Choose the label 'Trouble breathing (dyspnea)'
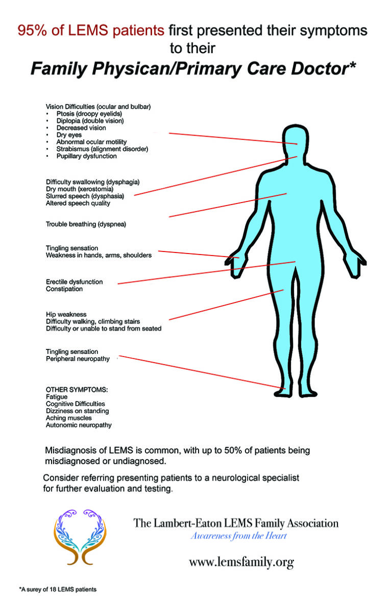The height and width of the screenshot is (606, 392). click(x=86, y=224)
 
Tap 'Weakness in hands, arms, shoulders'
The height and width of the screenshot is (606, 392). click(x=99, y=255)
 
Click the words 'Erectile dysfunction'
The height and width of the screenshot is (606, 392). click(x=74, y=282)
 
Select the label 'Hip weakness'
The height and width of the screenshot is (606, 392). click(x=66, y=314)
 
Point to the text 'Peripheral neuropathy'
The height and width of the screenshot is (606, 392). click(x=78, y=359)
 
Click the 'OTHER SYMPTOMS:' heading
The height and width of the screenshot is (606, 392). click(x=77, y=389)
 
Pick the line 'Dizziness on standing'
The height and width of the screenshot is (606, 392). click(x=77, y=411)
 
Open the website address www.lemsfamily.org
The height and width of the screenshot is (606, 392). click(x=241, y=562)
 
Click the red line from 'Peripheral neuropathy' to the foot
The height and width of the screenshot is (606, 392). click(x=199, y=371)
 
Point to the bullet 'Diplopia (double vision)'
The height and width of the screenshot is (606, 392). click(x=90, y=121)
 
